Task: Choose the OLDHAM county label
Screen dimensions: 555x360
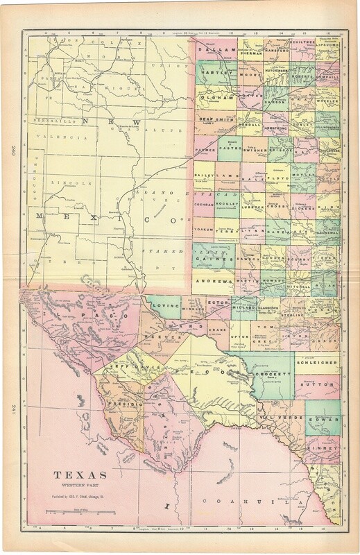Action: point(216,99)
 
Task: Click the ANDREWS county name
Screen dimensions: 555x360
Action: point(213,282)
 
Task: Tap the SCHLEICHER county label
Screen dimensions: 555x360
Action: point(317,362)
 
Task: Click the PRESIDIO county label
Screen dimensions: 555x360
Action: point(128,403)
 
